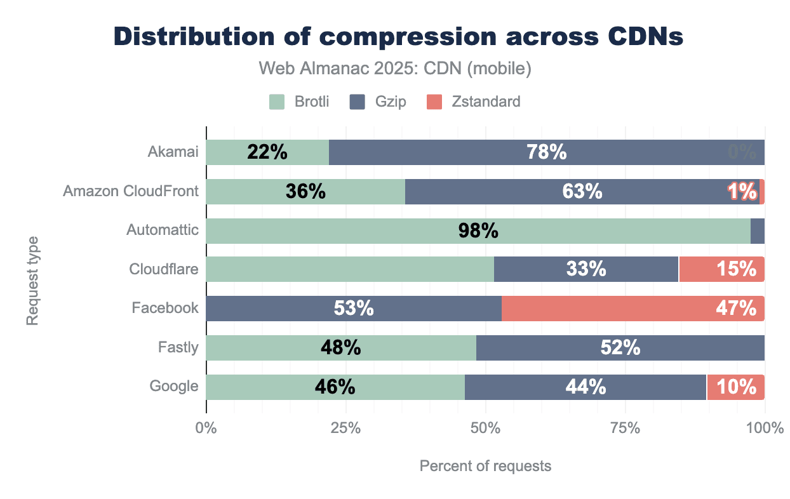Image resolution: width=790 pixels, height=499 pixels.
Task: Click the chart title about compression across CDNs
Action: (x=398, y=37)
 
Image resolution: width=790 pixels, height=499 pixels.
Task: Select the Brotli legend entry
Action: (x=299, y=101)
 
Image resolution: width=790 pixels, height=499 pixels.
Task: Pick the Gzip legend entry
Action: (x=377, y=101)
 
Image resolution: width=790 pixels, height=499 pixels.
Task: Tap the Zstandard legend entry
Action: (x=473, y=101)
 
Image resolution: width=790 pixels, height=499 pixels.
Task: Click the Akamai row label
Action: (x=173, y=152)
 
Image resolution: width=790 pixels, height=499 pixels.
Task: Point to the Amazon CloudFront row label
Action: (x=131, y=191)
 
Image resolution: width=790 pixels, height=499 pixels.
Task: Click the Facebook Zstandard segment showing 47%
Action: (x=633, y=309)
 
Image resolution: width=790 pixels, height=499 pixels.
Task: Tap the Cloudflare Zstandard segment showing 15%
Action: (x=721, y=270)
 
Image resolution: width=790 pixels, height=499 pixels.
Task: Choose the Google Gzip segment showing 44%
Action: (x=586, y=387)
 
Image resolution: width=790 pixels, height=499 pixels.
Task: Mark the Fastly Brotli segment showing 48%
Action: (x=341, y=348)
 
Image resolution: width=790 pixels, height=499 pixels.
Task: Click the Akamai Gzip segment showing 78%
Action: (x=546, y=152)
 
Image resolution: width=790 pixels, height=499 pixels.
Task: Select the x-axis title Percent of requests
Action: (x=485, y=466)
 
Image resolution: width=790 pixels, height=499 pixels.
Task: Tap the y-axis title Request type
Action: (x=32, y=281)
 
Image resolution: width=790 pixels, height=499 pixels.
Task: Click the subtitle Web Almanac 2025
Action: (x=394, y=69)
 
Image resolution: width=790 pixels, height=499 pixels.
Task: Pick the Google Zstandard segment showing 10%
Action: (x=735, y=387)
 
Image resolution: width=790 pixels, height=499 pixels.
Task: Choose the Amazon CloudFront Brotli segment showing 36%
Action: (x=305, y=191)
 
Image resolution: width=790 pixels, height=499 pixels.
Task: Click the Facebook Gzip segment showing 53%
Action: (x=354, y=309)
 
